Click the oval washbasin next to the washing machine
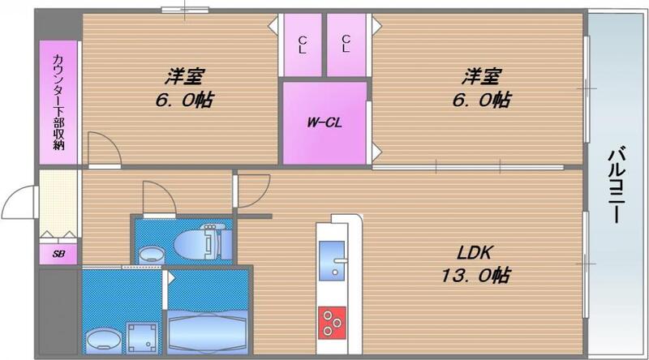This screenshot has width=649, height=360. pyautogui.click(x=101, y=339)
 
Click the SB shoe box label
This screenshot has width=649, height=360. pyautogui.click(x=59, y=253)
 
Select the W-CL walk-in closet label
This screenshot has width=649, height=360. pyautogui.click(x=322, y=123)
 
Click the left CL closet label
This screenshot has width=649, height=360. pyautogui.click(x=302, y=44)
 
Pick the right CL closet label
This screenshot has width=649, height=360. pyautogui.click(x=346, y=44)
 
